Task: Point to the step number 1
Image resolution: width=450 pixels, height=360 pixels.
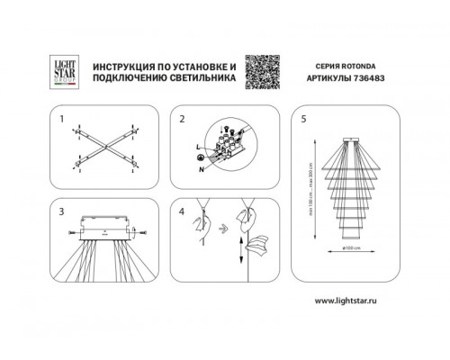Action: point(62,117)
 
